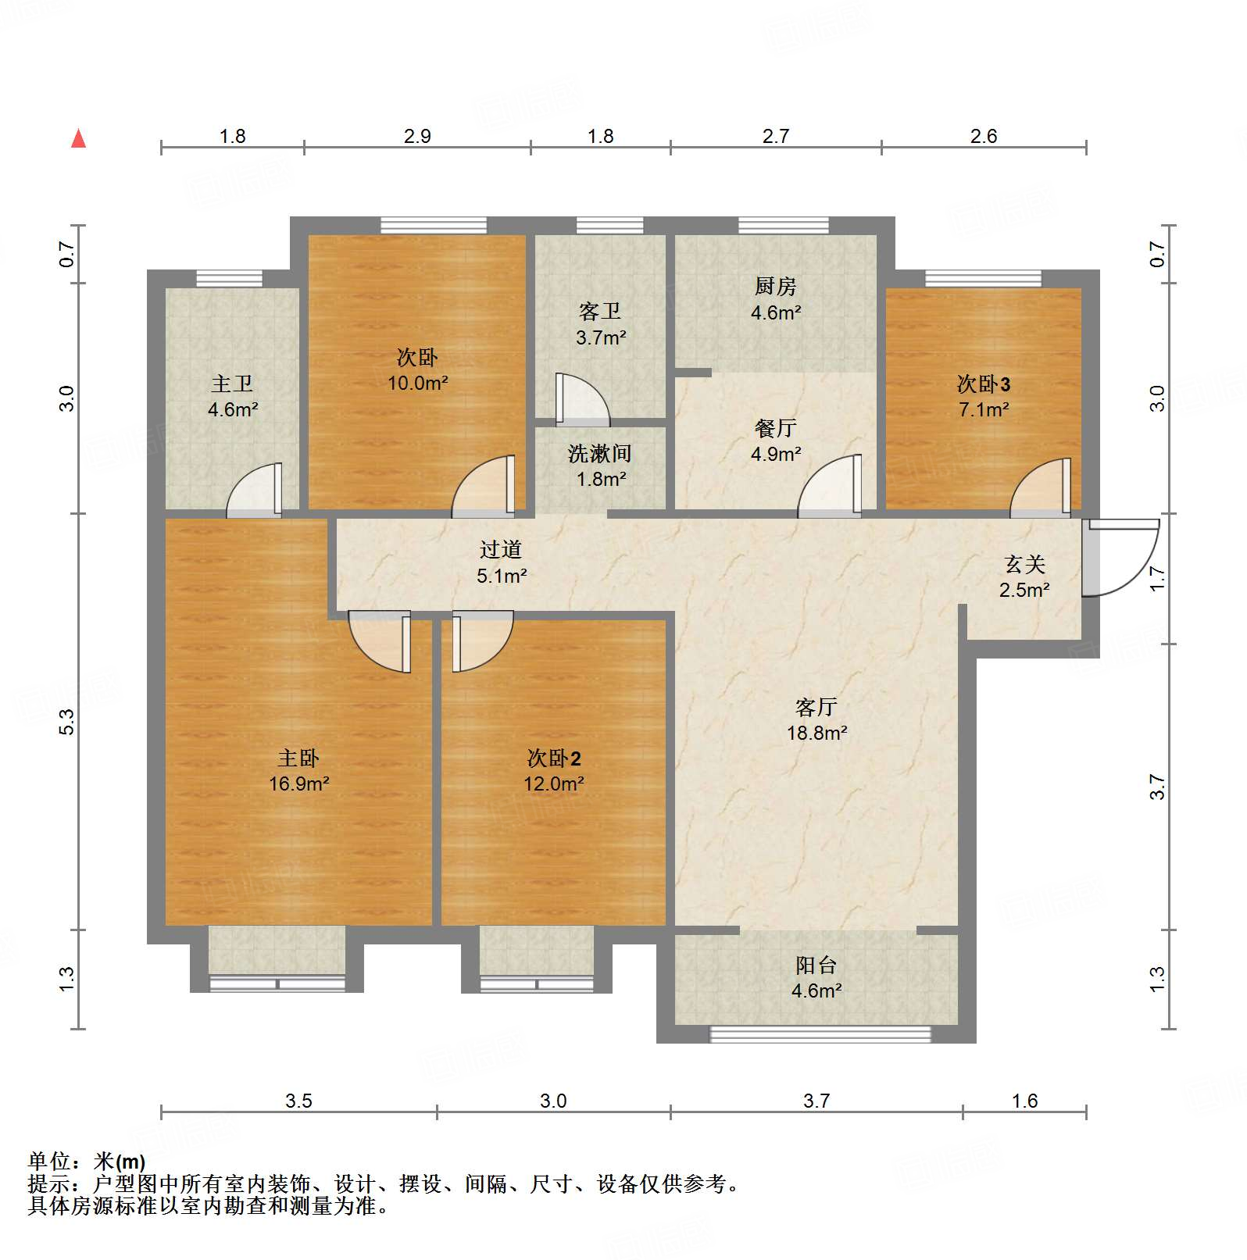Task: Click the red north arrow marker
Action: pyautogui.click(x=78, y=138)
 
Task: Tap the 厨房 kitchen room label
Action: pyautogui.click(x=775, y=287)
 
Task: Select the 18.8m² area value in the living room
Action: pyautogui.click(x=816, y=733)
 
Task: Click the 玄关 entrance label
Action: pyautogui.click(x=1024, y=564)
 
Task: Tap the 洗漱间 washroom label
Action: pyautogui.click(x=599, y=454)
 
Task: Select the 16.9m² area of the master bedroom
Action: pyautogui.click(x=298, y=783)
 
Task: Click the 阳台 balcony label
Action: pyautogui.click(x=816, y=966)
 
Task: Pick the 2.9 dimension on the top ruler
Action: pyautogui.click(x=417, y=136)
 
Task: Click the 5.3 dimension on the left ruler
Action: pyautogui.click(x=66, y=721)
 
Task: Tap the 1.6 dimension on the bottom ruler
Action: pyautogui.click(x=1024, y=1101)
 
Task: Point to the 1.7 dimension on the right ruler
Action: pyautogui.click(x=1157, y=579)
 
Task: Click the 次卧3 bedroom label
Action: pyautogui.click(x=984, y=384)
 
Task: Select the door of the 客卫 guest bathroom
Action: pyautogui.click(x=581, y=400)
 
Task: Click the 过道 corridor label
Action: pyautogui.click(x=501, y=550)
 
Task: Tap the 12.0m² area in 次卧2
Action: pyautogui.click(x=553, y=783)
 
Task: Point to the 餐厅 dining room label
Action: pyautogui.click(x=775, y=428)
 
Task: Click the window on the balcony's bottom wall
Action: pyautogui.click(x=820, y=1034)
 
